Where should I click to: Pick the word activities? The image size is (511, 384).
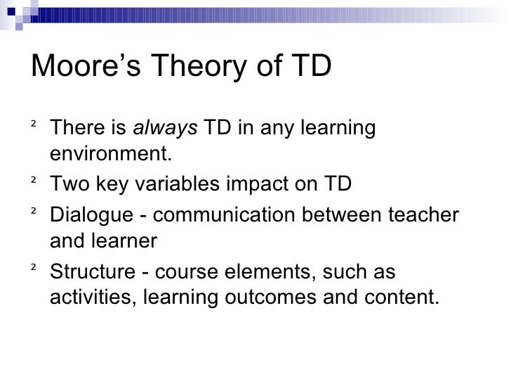click(x=92, y=296)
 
